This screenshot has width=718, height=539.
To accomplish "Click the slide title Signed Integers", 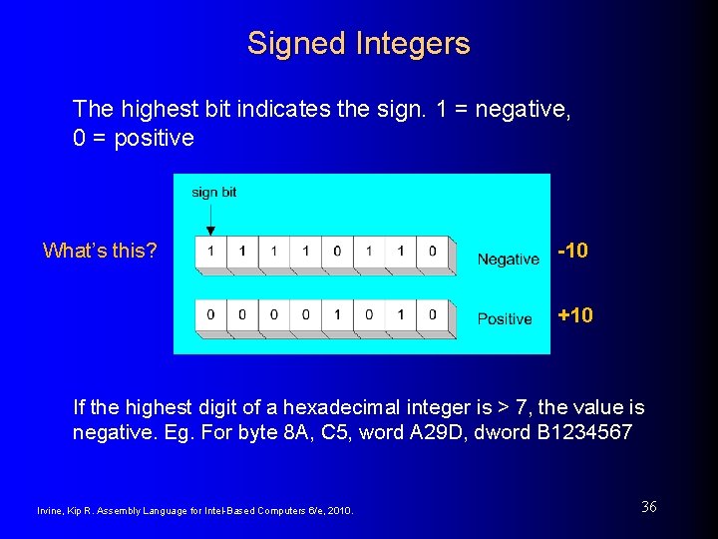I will point(358,43).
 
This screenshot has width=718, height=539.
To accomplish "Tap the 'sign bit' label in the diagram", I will point(213,192).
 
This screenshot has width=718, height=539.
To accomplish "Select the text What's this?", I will point(100,251).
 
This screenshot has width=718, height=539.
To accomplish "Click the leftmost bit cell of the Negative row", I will point(210,251).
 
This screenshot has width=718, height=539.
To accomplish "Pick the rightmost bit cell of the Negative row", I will point(432,251).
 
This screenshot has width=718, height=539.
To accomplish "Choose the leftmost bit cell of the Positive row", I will point(210,314).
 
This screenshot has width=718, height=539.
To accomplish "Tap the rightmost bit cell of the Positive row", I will point(432,314).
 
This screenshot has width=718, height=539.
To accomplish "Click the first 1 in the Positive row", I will point(337,314).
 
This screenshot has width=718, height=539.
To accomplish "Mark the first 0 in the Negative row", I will point(337,251).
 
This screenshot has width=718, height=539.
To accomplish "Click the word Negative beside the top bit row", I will point(508,260).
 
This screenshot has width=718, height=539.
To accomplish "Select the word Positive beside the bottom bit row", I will point(505,319).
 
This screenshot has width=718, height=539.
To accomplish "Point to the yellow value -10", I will point(573,251).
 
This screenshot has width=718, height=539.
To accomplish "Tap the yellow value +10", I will point(575,315).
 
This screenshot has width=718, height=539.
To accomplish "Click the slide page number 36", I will point(648,507).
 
